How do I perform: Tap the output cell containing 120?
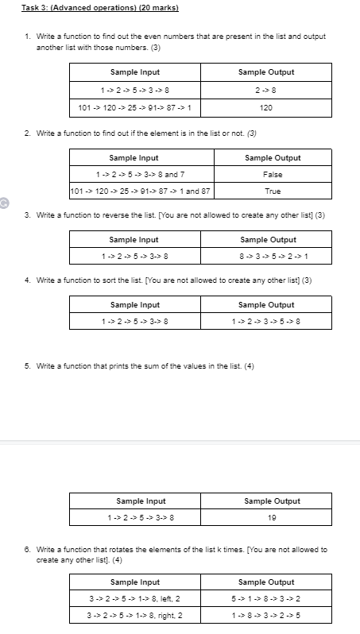[266, 107]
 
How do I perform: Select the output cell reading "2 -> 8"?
[266, 90]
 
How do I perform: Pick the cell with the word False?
[273, 174]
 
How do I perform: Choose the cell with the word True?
[273, 191]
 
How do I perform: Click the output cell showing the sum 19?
[273, 518]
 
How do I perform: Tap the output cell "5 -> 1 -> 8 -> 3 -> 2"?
[266, 598]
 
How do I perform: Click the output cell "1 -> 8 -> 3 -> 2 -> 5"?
[266, 616]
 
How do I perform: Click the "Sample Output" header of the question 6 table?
[266, 582]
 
